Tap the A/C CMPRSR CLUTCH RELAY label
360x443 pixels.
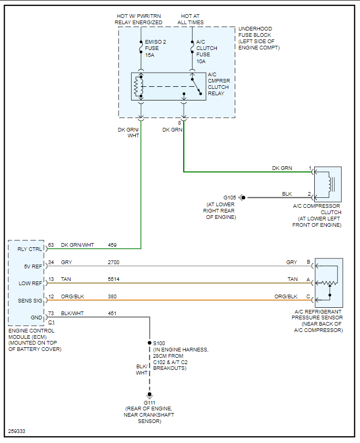(218, 84)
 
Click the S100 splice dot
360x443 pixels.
(149, 343)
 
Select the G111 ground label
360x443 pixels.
(149, 402)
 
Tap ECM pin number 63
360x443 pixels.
(51, 245)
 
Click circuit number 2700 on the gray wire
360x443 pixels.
(114, 262)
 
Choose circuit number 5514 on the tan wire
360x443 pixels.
(114, 279)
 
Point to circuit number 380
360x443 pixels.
(112, 296)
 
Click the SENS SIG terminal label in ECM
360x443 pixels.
(29, 300)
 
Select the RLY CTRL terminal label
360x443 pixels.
(29, 249)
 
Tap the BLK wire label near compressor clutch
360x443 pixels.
(287, 194)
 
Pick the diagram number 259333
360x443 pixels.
(17, 431)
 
